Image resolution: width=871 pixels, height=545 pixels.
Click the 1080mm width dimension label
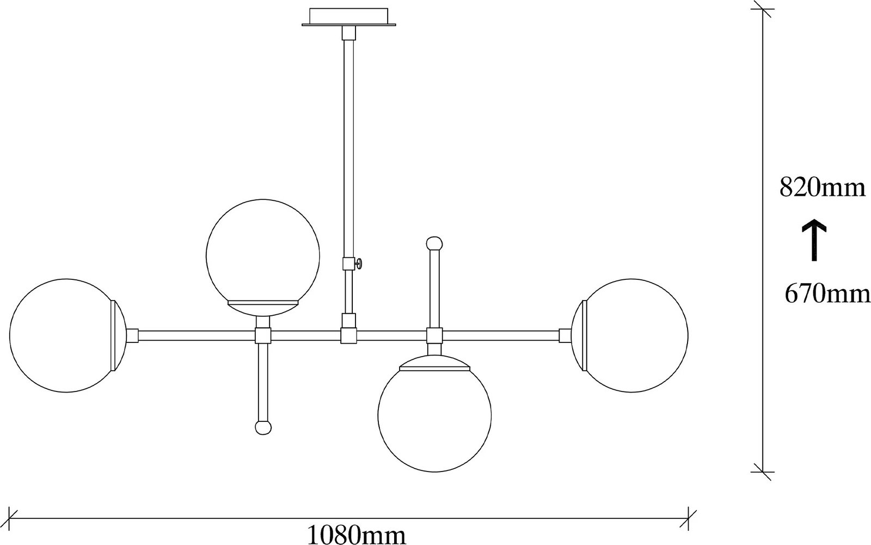point(357,535)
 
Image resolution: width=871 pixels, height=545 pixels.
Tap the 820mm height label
point(822,188)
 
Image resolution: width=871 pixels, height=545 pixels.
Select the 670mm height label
point(826,294)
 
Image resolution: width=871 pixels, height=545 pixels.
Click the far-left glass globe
point(63,335)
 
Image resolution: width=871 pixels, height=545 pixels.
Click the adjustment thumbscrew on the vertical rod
point(360,264)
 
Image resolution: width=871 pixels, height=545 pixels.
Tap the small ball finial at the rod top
point(434,242)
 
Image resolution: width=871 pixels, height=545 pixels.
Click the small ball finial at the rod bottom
point(263,427)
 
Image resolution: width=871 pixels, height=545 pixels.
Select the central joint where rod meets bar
point(348,335)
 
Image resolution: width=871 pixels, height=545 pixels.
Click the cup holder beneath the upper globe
point(263,308)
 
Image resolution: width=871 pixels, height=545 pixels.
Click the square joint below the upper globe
point(263,335)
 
